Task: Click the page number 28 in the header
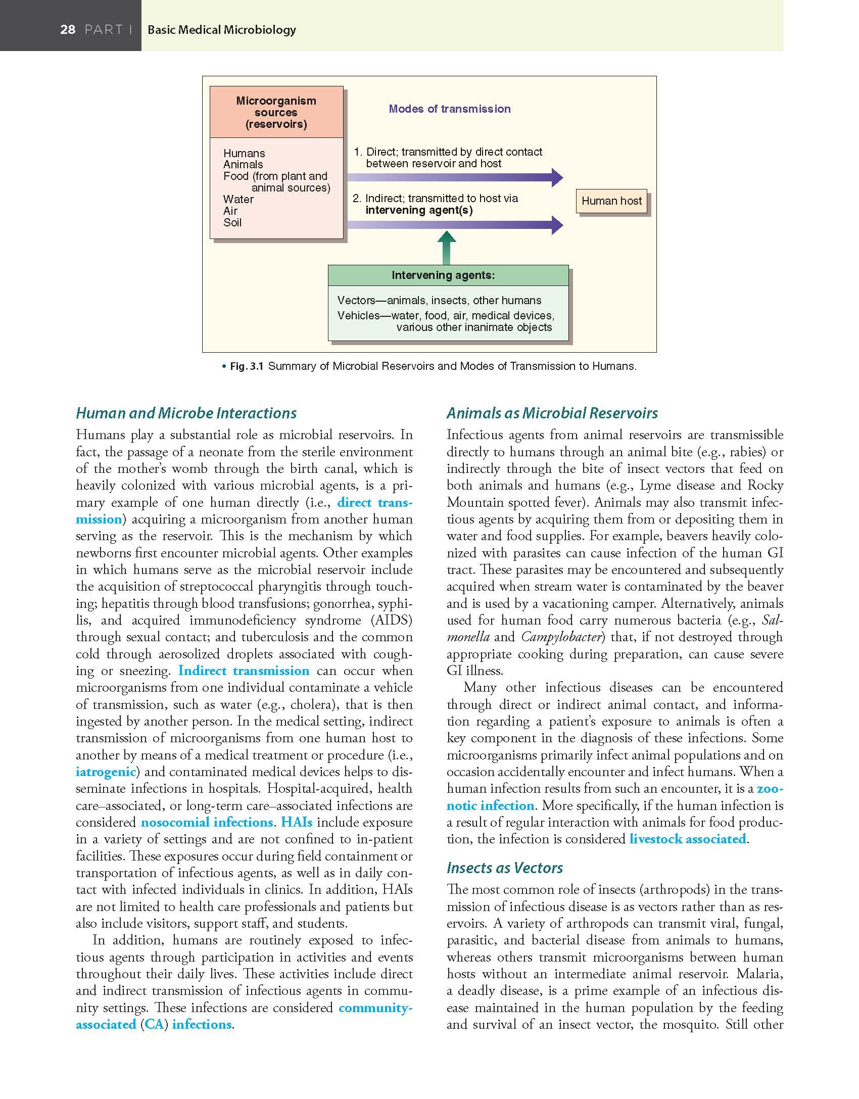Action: (x=68, y=30)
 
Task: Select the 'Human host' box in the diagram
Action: (x=611, y=201)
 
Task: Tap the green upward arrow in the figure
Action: (x=446, y=247)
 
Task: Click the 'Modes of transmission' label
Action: (x=449, y=109)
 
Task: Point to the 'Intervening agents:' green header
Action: (x=443, y=275)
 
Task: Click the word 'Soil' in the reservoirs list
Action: (x=232, y=223)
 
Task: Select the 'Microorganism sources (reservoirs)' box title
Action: (x=276, y=112)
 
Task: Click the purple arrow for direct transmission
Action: (x=455, y=177)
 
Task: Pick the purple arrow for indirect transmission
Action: (x=455, y=225)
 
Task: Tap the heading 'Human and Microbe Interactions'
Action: (x=186, y=413)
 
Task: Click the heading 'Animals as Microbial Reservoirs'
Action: (x=552, y=413)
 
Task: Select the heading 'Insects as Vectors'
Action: (x=504, y=868)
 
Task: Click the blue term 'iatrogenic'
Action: (x=106, y=772)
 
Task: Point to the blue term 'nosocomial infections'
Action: (x=207, y=823)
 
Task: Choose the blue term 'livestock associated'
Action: (x=688, y=839)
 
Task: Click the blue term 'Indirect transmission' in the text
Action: (x=244, y=671)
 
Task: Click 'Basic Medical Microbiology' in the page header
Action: (x=221, y=30)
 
